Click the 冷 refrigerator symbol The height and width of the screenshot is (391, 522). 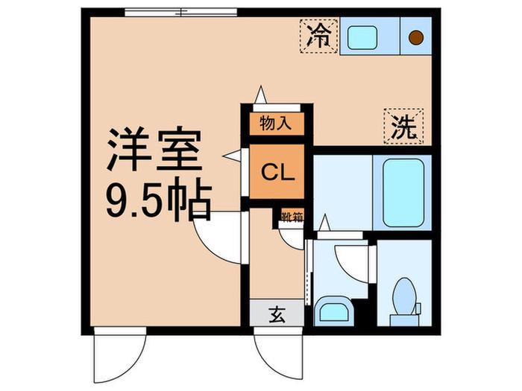(319, 36)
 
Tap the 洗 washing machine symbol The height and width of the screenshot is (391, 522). (403, 127)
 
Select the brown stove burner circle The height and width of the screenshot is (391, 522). (416, 37)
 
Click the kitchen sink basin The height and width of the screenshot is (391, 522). (362, 37)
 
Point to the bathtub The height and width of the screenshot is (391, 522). (403, 192)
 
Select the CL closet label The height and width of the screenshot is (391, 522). (277, 172)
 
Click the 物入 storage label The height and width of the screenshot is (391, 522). (276, 124)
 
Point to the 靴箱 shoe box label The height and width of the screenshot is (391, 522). (292, 217)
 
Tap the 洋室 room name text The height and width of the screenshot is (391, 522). (154, 149)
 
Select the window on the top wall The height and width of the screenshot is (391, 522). (180, 13)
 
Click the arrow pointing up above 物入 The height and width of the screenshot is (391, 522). (260, 95)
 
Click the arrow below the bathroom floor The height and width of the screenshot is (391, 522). (324, 223)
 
